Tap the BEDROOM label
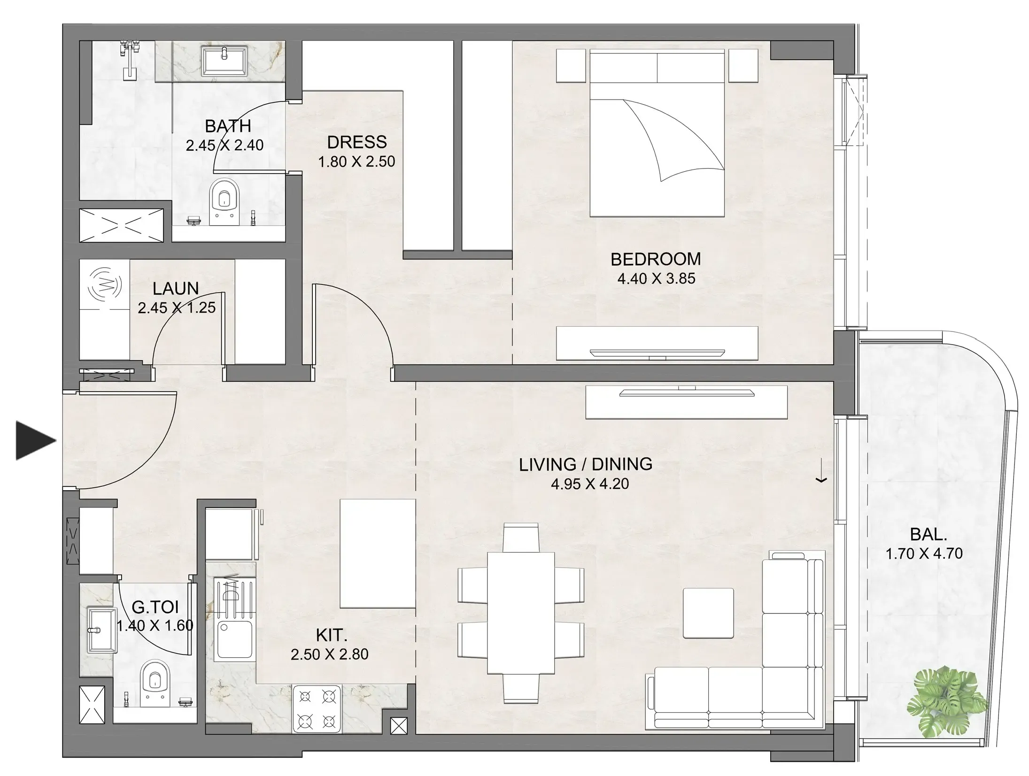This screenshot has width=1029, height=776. (x=656, y=259)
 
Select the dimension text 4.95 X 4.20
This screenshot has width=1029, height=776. (x=589, y=484)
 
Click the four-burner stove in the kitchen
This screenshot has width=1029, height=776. (x=317, y=709)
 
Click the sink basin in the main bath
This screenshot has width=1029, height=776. (x=224, y=60)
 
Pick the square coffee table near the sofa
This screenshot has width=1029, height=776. (x=708, y=613)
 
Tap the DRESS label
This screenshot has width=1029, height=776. (x=356, y=142)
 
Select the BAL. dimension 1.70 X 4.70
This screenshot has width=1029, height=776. (x=924, y=553)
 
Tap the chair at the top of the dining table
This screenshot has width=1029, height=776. (x=520, y=538)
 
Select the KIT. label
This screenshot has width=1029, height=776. (x=332, y=635)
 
